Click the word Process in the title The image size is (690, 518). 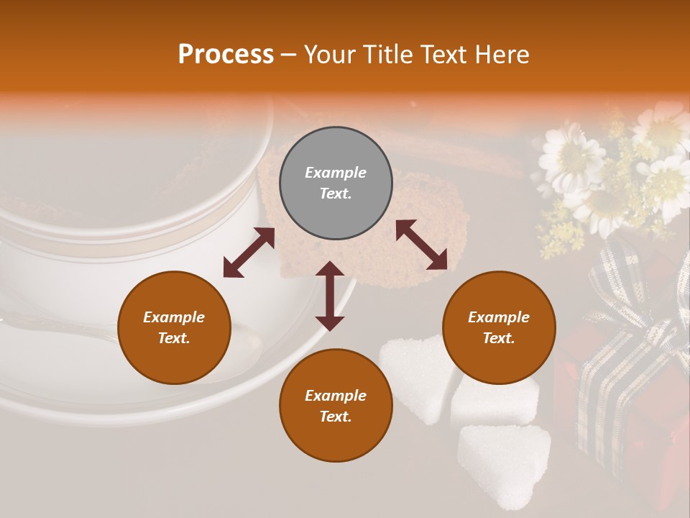(x=226, y=55)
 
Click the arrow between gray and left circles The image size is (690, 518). (x=249, y=253)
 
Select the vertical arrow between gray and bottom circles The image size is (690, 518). (x=330, y=296)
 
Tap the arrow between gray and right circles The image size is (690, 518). (x=421, y=245)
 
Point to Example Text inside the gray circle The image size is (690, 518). (x=336, y=183)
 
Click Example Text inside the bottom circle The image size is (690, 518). (x=336, y=406)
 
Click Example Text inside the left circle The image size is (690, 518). (x=174, y=327)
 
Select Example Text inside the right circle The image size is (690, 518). (x=499, y=327)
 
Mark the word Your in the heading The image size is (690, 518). (x=329, y=55)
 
